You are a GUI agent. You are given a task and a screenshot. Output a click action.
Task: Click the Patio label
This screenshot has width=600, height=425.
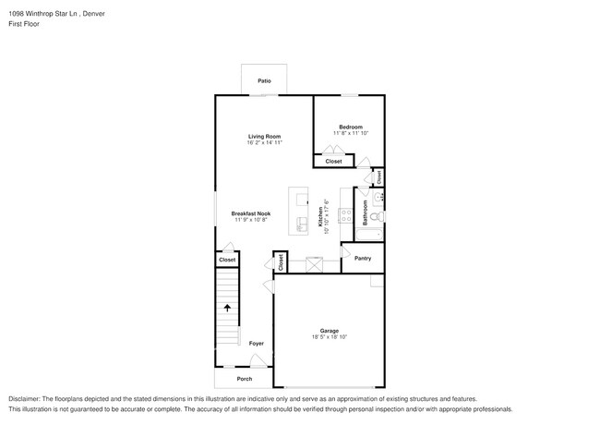(x=264, y=81)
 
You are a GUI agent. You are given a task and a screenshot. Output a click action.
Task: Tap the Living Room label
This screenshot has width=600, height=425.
(x=264, y=136)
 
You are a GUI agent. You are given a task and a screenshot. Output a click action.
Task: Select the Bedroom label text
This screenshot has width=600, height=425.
(x=350, y=127)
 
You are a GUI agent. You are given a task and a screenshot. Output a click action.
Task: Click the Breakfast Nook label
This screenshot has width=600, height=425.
(x=250, y=213)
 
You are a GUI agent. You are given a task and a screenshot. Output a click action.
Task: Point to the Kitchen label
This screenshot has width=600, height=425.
(x=322, y=216)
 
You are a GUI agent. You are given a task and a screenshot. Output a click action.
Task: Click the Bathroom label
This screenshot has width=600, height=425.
(x=366, y=213)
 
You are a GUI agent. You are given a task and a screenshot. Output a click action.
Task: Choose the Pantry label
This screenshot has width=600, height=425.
(x=363, y=259)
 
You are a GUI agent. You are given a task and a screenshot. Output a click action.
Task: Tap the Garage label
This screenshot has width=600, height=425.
(x=330, y=331)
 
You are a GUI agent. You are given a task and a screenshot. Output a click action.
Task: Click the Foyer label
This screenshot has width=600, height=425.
(x=256, y=344)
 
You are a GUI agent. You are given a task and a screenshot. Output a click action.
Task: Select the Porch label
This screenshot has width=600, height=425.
(x=245, y=379)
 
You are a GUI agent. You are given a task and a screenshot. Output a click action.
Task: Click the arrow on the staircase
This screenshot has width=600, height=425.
(x=227, y=308)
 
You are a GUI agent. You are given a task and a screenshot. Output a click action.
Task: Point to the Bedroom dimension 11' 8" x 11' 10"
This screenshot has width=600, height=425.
(x=350, y=134)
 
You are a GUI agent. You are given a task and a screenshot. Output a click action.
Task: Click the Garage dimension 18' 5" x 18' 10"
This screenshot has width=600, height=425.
(x=330, y=338)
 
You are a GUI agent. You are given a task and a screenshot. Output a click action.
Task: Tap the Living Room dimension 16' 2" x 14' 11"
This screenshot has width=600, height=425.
(x=264, y=143)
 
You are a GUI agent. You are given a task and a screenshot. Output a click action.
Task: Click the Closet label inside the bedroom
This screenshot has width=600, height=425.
(x=333, y=162)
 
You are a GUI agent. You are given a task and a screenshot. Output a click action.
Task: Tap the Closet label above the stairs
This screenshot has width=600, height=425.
(x=227, y=261)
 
